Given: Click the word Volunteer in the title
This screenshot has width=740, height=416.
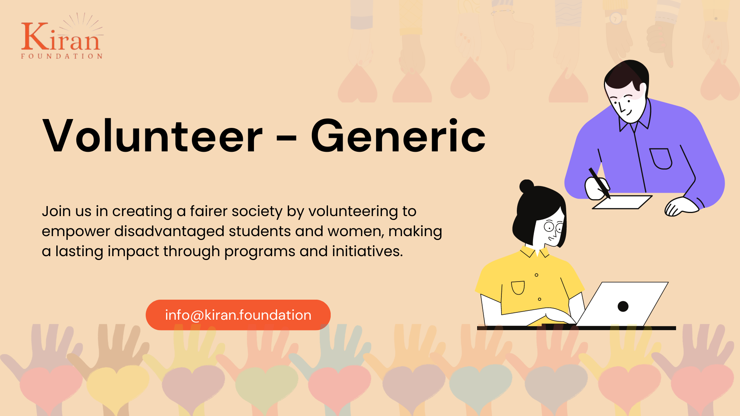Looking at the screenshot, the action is click(x=153, y=136).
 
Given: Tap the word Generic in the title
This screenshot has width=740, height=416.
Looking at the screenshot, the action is click(x=398, y=136).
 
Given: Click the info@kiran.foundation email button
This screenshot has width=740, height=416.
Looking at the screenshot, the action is click(x=238, y=315).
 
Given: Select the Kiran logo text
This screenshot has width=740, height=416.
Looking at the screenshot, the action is click(x=61, y=37).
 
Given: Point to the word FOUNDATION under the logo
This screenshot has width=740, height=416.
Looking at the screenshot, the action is click(x=62, y=56).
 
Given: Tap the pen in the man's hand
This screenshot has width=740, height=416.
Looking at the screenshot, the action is click(x=599, y=183).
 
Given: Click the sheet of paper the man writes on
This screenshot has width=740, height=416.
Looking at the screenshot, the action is click(x=622, y=202).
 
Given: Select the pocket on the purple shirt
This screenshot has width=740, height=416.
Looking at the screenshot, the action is click(x=661, y=158).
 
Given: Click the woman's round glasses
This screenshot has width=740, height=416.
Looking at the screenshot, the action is click(x=554, y=227).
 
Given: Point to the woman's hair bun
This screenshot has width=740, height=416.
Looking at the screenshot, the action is click(x=526, y=186).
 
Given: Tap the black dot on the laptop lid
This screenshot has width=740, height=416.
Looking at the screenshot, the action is click(x=623, y=306).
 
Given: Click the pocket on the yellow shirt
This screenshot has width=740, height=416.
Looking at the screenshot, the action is click(x=518, y=287).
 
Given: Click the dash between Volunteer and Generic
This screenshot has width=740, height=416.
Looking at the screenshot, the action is click(x=287, y=137).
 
